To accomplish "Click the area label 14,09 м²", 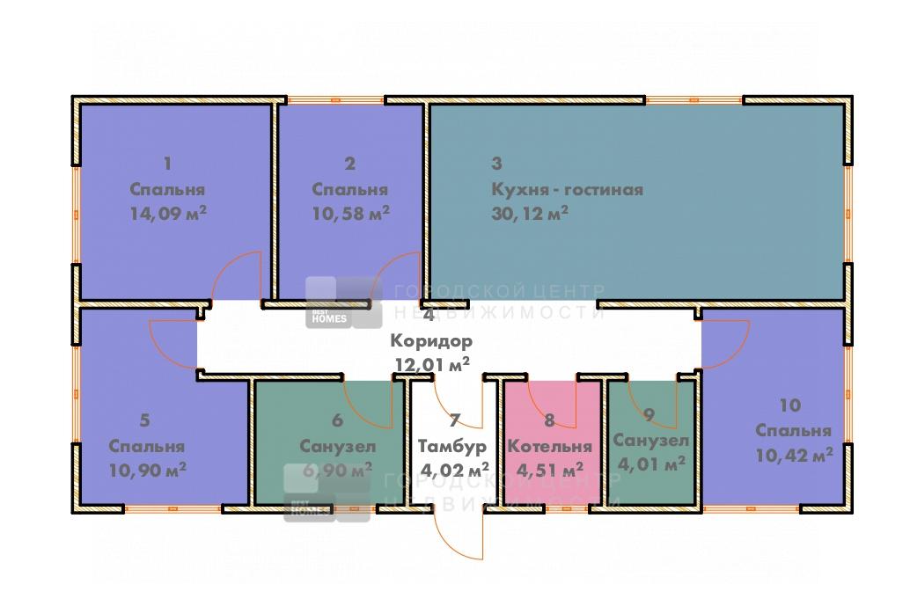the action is [x=168, y=214].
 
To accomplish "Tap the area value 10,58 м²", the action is [x=350, y=214].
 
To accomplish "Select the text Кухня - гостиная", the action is [x=567, y=190].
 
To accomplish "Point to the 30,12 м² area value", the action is [x=530, y=214].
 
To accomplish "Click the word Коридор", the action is [x=431, y=340].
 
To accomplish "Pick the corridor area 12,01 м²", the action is [x=432, y=364].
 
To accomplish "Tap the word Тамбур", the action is [x=452, y=446].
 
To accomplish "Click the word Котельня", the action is [x=549, y=446].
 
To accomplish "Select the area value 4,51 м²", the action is [x=549, y=470].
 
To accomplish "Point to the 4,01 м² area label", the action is [x=651, y=464].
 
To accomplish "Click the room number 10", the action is [x=789, y=405].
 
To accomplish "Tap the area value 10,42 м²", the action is [x=794, y=455].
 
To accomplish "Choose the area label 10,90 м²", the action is [x=147, y=470].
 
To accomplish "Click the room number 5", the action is [x=145, y=420].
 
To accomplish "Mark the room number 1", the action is [x=168, y=164].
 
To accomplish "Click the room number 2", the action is [x=350, y=164].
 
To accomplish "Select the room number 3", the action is [x=496, y=164].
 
